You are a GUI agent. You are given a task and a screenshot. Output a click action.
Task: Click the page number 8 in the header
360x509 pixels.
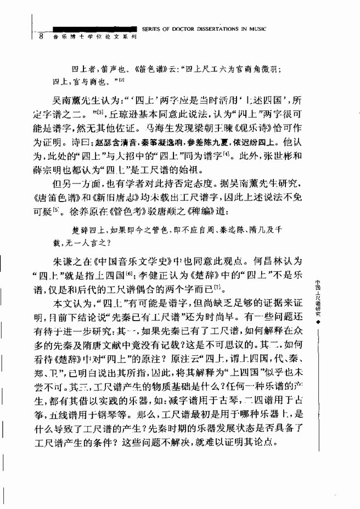click(x=41, y=36)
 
